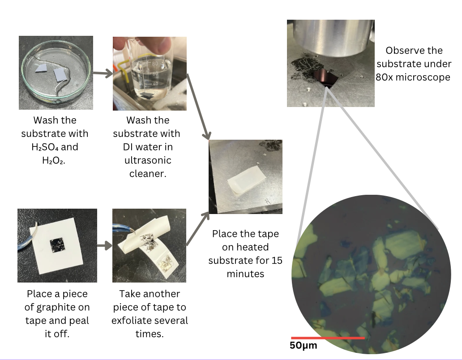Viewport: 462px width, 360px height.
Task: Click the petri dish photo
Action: coord(56,73)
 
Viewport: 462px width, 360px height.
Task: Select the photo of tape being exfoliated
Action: coord(149,245)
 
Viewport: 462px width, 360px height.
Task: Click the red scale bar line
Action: coord(328,338)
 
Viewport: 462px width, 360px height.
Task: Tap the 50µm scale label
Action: coord(304,345)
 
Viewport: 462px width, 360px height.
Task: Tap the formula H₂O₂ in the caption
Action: coord(53,160)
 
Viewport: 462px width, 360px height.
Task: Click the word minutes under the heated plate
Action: coord(245,273)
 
